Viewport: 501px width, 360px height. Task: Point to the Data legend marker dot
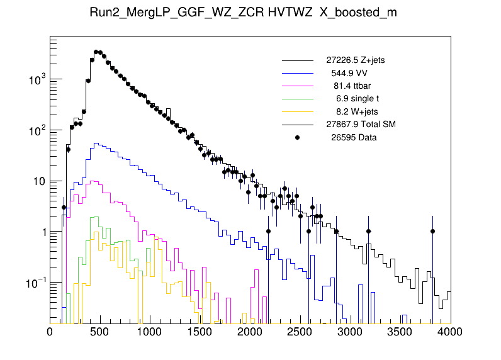click(298, 137)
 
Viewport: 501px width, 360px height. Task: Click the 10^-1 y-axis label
click(34, 282)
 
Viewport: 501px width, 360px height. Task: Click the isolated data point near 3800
click(432, 231)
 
